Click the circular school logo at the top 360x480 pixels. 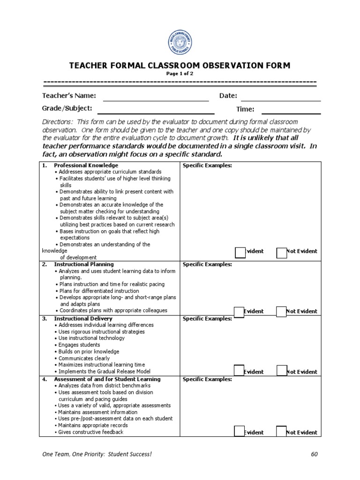pos(180,43)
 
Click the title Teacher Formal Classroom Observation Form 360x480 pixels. pos(180,66)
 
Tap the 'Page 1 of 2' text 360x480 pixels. pos(180,74)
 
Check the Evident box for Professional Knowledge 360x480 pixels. pos(240,252)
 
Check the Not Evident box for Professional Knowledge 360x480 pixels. pos(281,252)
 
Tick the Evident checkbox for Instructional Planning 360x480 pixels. pos(239,312)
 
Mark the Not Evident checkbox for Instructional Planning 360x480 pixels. pos(281,312)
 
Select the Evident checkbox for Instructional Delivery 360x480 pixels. pos(239,371)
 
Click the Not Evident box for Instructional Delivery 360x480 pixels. pos(281,371)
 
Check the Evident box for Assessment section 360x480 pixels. pos(239,432)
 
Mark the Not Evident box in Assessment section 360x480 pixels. pos(281,432)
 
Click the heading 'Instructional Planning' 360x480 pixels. pos(84,264)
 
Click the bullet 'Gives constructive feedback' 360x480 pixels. pos(90,432)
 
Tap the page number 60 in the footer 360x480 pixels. pos(314,455)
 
